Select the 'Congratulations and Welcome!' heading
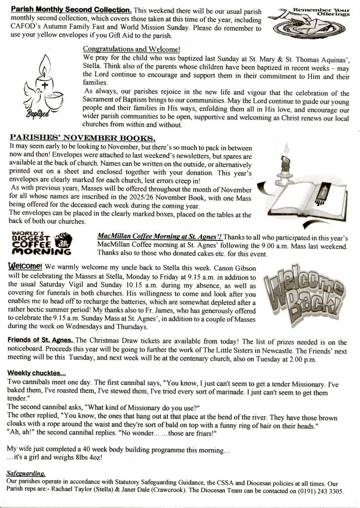pos(132,49)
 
